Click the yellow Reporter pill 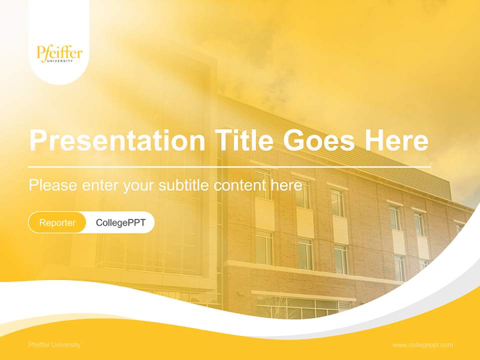[x=57, y=222]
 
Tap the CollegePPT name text [x=120, y=222]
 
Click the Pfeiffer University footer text [x=54, y=345]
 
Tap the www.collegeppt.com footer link [x=422, y=345]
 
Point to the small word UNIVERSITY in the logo [x=60, y=61]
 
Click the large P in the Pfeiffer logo [x=41, y=52]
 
